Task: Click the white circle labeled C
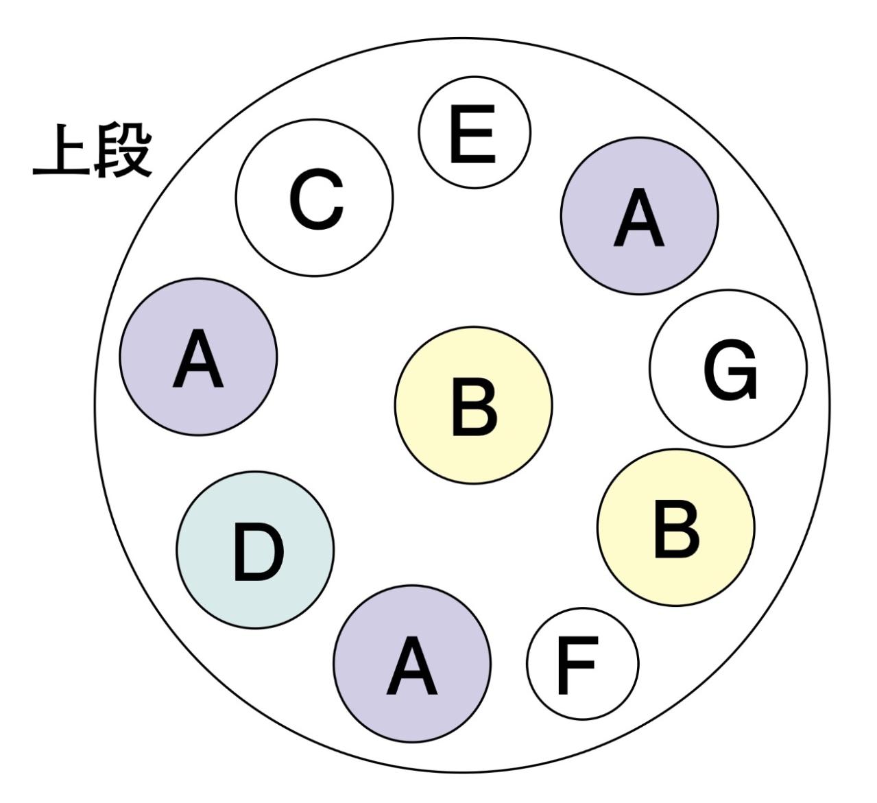click(x=315, y=197)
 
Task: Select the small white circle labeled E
click(x=474, y=132)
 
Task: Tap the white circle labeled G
click(x=728, y=368)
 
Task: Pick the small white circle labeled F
click(x=583, y=663)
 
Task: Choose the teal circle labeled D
click(x=255, y=549)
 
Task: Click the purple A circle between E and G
click(x=639, y=216)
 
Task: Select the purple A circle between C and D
click(x=198, y=357)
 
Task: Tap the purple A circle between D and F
click(x=412, y=663)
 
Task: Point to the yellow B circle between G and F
click(x=676, y=527)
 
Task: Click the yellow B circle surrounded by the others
click(x=473, y=405)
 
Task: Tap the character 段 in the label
click(x=123, y=151)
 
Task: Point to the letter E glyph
click(x=472, y=135)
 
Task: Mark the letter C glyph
click(x=316, y=201)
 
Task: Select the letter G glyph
click(x=731, y=371)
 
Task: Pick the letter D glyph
click(x=258, y=552)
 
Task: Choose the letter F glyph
click(x=576, y=664)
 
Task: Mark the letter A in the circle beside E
click(x=638, y=219)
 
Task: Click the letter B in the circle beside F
click(x=676, y=529)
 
